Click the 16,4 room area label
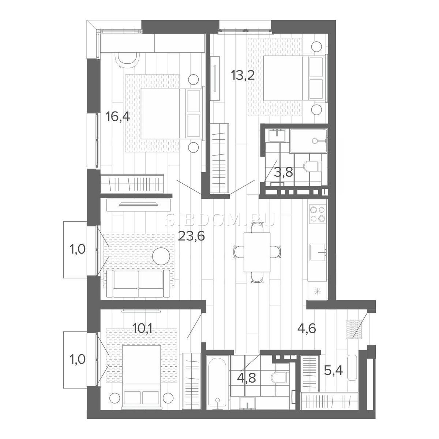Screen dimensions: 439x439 117,117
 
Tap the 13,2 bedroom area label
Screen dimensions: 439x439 243,75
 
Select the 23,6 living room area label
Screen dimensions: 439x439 191,236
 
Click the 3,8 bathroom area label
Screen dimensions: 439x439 284,173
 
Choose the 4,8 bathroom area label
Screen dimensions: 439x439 246,378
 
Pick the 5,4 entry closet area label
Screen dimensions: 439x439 333,371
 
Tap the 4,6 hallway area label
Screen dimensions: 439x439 307,328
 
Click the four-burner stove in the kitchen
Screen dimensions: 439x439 318,214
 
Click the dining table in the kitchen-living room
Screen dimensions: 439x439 257,252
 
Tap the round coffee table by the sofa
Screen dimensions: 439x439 161,256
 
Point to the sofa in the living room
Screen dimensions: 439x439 138,284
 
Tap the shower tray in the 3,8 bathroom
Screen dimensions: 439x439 308,141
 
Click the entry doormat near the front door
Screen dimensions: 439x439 354,329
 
